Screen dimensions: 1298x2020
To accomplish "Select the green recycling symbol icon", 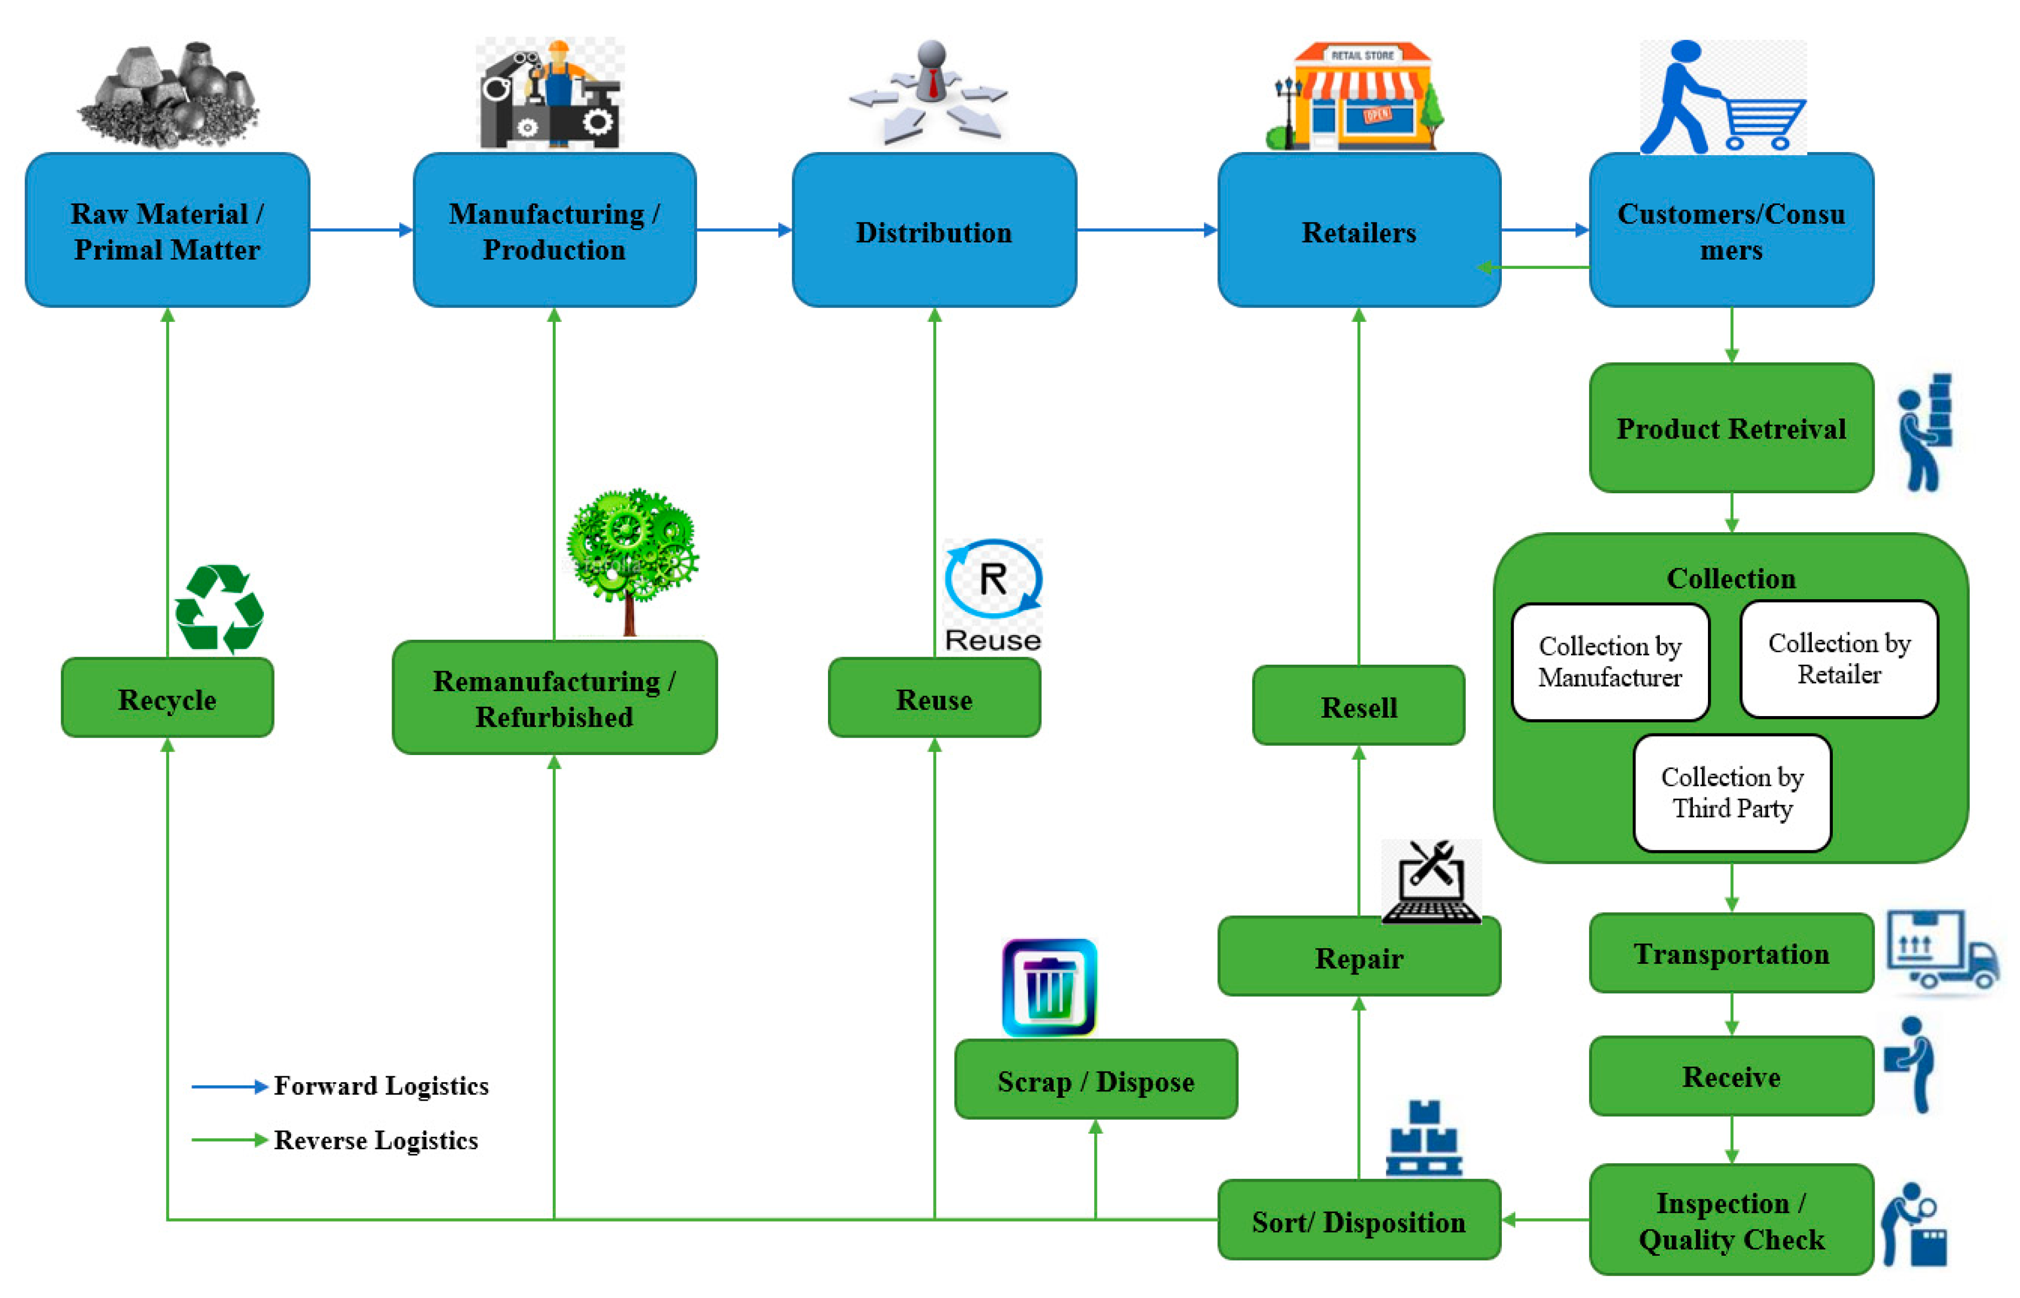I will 219,608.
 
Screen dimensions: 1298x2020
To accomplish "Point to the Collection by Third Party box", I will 1731,792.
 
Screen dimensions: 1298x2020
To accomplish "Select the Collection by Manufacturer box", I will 1610,661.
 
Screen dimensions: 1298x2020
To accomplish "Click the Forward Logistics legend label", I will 381,1085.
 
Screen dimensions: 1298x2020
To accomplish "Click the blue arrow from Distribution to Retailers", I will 1146,229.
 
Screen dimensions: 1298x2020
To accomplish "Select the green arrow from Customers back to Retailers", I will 1534,267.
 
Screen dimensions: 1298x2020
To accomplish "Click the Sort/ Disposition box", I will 1359,1221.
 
